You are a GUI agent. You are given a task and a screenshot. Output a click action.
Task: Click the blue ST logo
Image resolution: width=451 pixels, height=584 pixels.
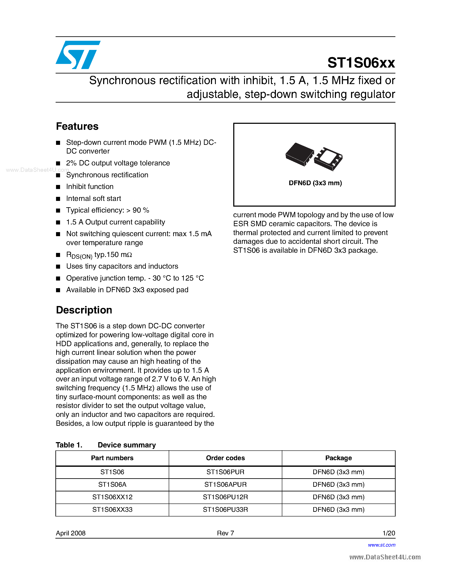pyautogui.click(x=78, y=55)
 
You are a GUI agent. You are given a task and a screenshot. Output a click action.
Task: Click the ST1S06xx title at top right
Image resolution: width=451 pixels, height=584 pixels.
pyautogui.click(x=361, y=63)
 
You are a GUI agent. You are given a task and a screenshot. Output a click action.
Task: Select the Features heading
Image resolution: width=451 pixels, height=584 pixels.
pyautogui.click(x=77, y=126)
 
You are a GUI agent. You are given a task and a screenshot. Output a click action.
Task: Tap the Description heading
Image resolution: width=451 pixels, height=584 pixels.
pyautogui.click(x=84, y=310)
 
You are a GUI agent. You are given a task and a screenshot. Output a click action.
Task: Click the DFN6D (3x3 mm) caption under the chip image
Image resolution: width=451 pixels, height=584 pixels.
pyautogui.click(x=315, y=183)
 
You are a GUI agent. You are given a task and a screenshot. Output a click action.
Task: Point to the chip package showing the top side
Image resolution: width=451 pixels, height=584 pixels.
pyautogui.click(x=299, y=154)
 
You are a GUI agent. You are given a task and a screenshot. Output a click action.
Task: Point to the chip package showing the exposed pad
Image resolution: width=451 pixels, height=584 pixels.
pyautogui.click(x=328, y=159)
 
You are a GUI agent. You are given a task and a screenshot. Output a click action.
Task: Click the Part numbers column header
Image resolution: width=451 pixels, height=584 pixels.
pyautogui.click(x=112, y=458)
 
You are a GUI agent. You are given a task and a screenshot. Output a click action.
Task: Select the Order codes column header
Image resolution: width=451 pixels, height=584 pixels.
pyautogui.click(x=225, y=458)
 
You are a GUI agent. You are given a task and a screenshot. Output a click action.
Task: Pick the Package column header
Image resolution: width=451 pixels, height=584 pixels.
pyautogui.click(x=338, y=458)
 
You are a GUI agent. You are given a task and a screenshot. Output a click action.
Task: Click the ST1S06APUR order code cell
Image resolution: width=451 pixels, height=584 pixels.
pyautogui.click(x=225, y=485)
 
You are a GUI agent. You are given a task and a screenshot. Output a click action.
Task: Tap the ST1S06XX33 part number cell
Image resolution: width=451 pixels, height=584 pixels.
pyautogui.click(x=112, y=509)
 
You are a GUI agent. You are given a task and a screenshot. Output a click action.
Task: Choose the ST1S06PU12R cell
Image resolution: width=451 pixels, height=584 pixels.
pyautogui.click(x=225, y=497)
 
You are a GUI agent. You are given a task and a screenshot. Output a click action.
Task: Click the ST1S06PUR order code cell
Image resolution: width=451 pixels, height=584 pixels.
pyautogui.click(x=225, y=472)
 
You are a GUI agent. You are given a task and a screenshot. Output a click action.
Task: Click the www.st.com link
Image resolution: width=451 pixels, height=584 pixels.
pyautogui.click(x=382, y=545)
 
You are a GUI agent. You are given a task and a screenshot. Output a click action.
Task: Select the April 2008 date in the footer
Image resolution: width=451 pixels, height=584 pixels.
pyautogui.click(x=70, y=533)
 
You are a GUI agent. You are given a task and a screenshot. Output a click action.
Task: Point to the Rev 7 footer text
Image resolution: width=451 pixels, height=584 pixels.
pyautogui.click(x=225, y=533)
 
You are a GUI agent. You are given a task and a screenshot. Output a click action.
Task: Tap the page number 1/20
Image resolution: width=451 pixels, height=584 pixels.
pyautogui.click(x=389, y=533)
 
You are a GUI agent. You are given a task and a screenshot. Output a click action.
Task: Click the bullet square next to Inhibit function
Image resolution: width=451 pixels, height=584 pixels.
pyautogui.click(x=58, y=187)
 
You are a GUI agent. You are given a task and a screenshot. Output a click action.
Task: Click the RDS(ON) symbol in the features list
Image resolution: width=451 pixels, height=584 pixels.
pyautogui.click(x=79, y=255)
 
